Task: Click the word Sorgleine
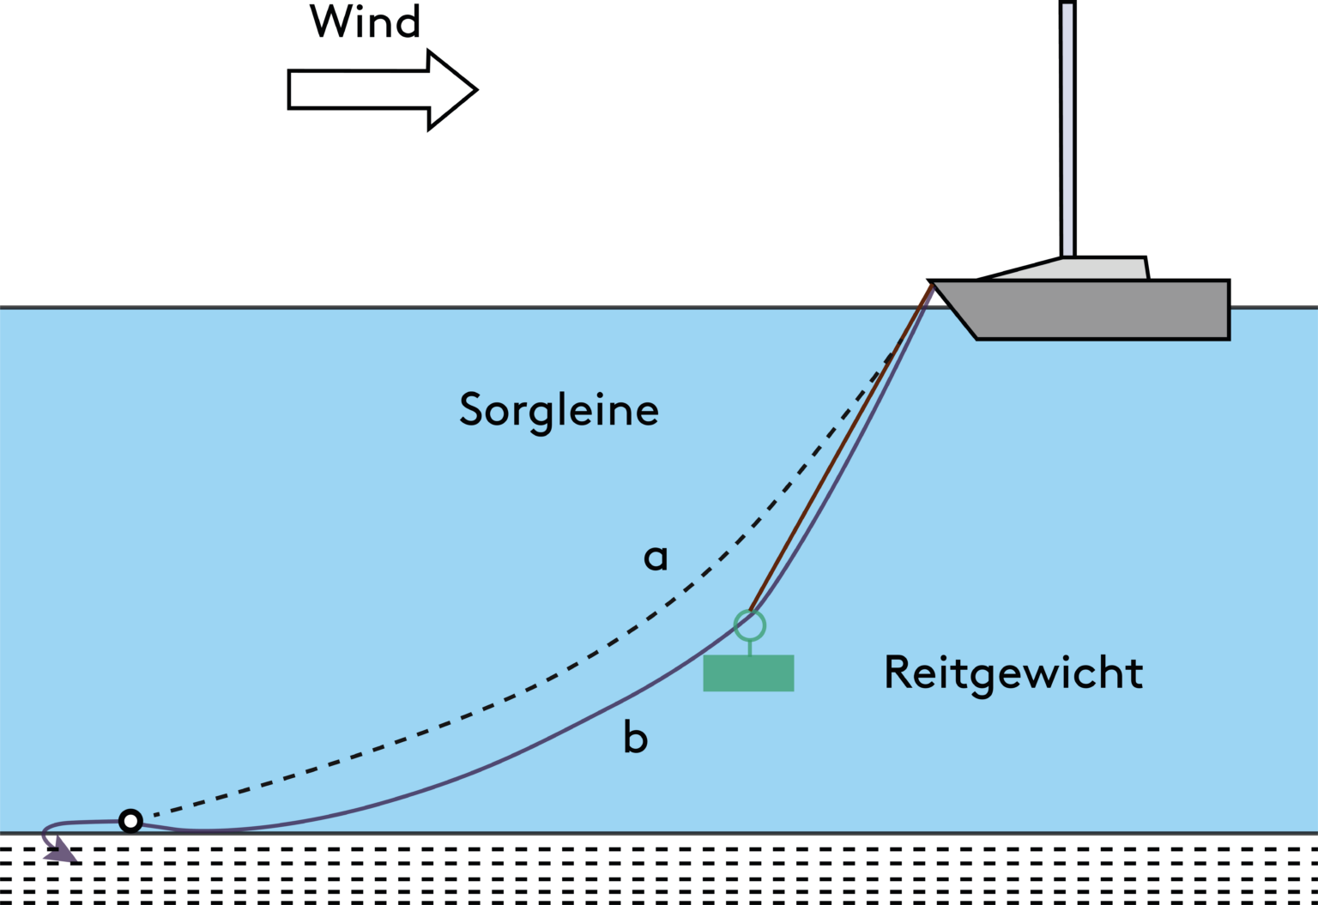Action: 559,410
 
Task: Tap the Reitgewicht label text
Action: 1013,673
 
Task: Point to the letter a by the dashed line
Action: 656,558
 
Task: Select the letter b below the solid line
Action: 635,738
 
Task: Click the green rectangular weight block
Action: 748,673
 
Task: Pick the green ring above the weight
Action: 750,626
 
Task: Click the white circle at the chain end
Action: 130,821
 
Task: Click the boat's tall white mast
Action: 1067,129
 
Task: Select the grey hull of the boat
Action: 1098,309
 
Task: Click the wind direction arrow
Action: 382,90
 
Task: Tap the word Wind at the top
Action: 366,21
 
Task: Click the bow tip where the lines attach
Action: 934,285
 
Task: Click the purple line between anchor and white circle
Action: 86,823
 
